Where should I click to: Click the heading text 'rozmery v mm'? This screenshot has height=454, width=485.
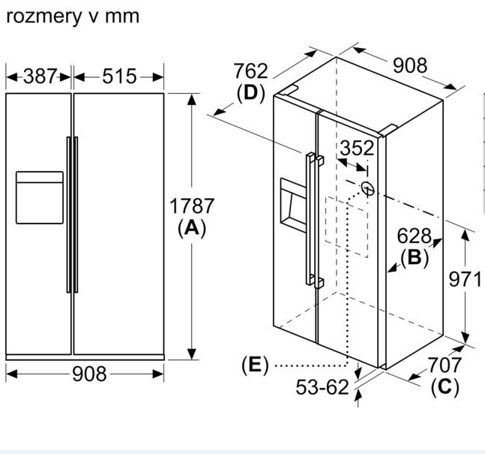[x=72, y=15]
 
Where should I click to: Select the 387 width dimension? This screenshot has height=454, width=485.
[x=39, y=76]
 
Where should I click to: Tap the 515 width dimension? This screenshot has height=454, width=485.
[x=119, y=76]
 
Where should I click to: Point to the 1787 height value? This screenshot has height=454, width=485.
[x=192, y=206]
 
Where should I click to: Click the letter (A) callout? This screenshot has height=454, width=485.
[x=192, y=229]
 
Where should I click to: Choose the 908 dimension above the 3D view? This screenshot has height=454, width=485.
[x=409, y=65]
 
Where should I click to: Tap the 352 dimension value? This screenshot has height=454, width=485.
[x=356, y=148]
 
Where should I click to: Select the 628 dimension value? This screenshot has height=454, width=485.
[x=415, y=236]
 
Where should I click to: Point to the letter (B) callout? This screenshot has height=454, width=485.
[x=415, y=257]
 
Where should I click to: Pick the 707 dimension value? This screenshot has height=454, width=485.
[x=445, y=365]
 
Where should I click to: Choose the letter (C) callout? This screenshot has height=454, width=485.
[x=445, y=387]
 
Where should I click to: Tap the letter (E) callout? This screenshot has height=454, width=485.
[x=255, y=365]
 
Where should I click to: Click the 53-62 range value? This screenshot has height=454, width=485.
[x=322, y=387]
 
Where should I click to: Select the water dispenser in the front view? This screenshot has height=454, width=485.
[x=40, y=197]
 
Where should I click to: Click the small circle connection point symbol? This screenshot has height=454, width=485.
[x=367, y=188]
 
